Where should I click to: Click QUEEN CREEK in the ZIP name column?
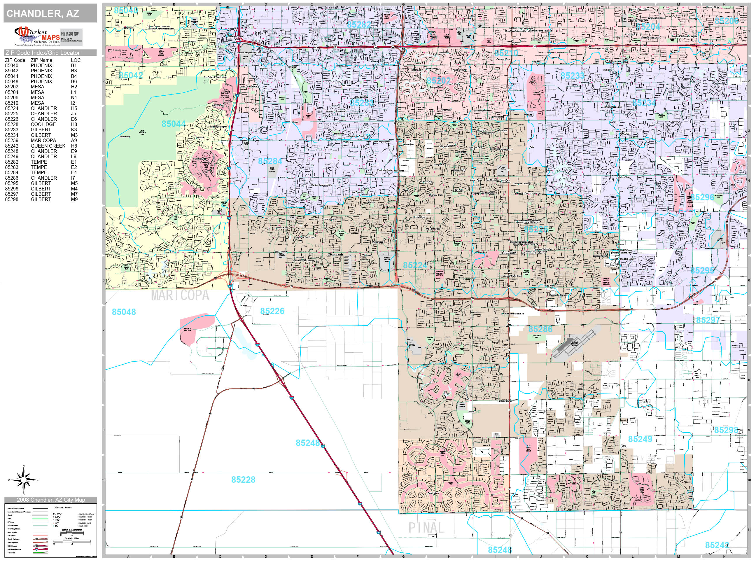tap(48, 146)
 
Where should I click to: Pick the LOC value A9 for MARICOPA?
tap(74, 141)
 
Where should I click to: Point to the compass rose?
tap(24, 480)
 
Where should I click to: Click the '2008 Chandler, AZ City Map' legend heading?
tap(50, 500)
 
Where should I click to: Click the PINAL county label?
tap(426, 528)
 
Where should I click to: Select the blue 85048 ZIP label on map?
tap(124, 312)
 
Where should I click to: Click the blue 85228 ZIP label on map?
tap(243, 480)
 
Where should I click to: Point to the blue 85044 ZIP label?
tap(174, 124)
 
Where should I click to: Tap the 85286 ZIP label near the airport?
tap(540, 329)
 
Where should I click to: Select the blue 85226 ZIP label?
tap(272, 311)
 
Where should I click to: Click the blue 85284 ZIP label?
tap(270, 161)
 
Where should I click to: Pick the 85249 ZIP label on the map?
tap(640, 439)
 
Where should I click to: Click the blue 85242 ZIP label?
tap(717, 545)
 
